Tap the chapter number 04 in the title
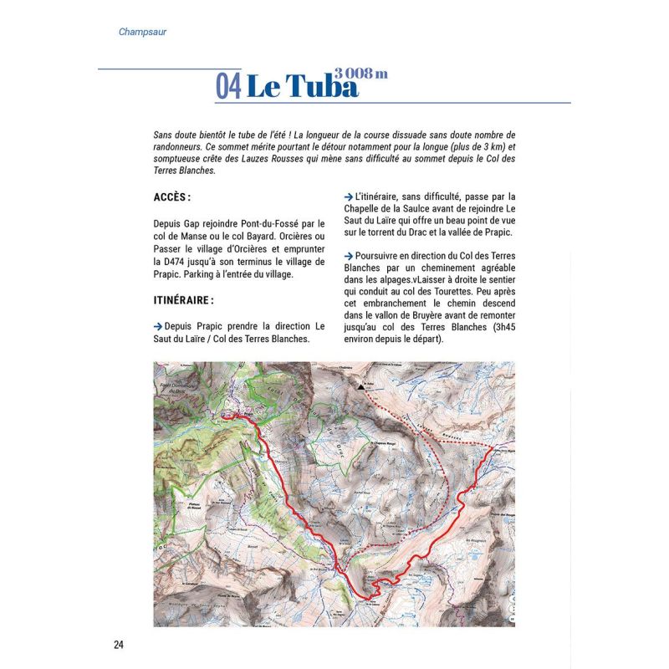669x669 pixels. click(230, 86)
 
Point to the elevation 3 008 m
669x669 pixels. click(361, 73)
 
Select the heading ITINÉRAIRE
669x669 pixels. click(184, 299)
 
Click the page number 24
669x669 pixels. click(119, 644)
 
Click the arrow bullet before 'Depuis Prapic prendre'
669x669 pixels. click(158, 326)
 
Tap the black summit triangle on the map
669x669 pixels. click(361, 387)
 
